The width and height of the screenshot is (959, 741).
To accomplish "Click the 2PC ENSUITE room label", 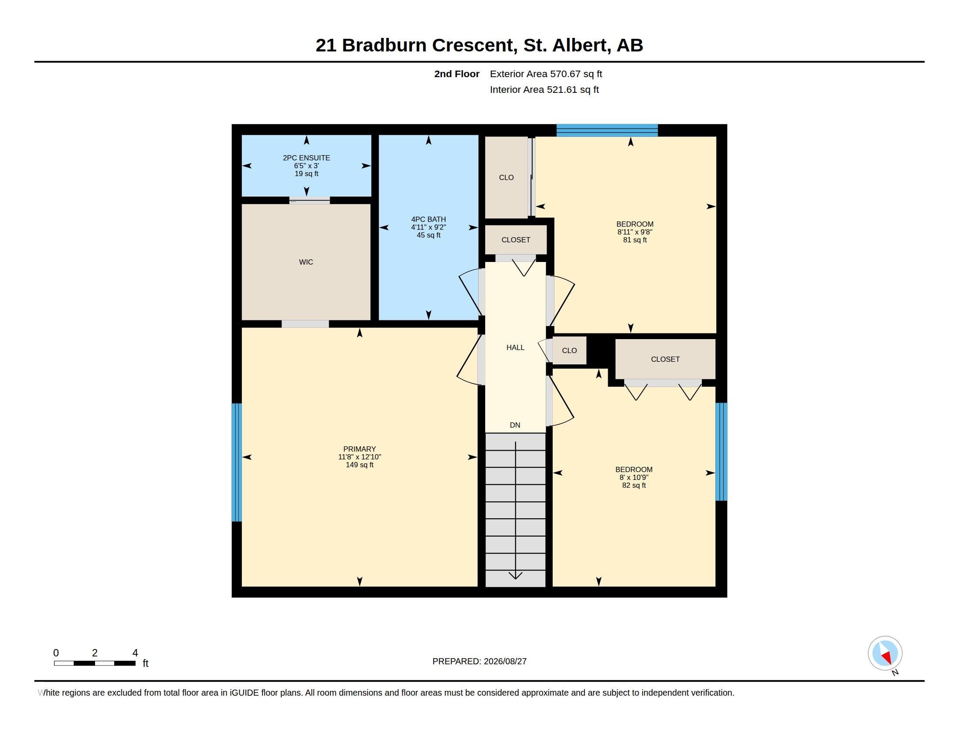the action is (x=306, y=158).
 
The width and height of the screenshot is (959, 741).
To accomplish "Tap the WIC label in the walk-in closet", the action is (x=306, y=262).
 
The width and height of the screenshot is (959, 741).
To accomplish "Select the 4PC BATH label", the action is (x=428, y=219).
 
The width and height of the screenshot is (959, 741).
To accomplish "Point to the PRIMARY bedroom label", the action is (x=360, y=449).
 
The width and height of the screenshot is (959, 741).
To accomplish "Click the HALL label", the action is (x=515, y=347).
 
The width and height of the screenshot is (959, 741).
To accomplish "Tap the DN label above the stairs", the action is (x=515, y=425).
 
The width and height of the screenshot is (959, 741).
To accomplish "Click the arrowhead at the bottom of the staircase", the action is (x=515, y=575).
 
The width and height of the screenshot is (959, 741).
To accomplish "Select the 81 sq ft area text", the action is (x=635, y=240).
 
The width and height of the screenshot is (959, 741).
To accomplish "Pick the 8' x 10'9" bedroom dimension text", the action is (x=634, y=477).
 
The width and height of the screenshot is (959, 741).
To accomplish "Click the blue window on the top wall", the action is (x=607, y=130).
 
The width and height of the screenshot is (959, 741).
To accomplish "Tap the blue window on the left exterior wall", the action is (x=237, y=462).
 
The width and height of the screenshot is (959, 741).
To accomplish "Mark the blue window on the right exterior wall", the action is (x=721, y=452).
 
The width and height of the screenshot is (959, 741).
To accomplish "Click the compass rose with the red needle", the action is (x=885, y=653).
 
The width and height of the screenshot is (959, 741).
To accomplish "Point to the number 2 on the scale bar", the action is (x=95, y=653).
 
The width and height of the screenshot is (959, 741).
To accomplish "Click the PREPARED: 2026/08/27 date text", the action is (x=479, y=661).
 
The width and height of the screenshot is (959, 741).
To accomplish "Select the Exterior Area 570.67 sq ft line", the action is (x=546, y=74).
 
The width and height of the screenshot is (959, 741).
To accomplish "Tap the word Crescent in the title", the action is (x=472, y=45).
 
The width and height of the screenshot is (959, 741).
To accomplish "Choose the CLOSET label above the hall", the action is (x=516, y=240).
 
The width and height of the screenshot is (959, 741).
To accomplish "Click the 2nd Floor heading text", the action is (x=457, y=74).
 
